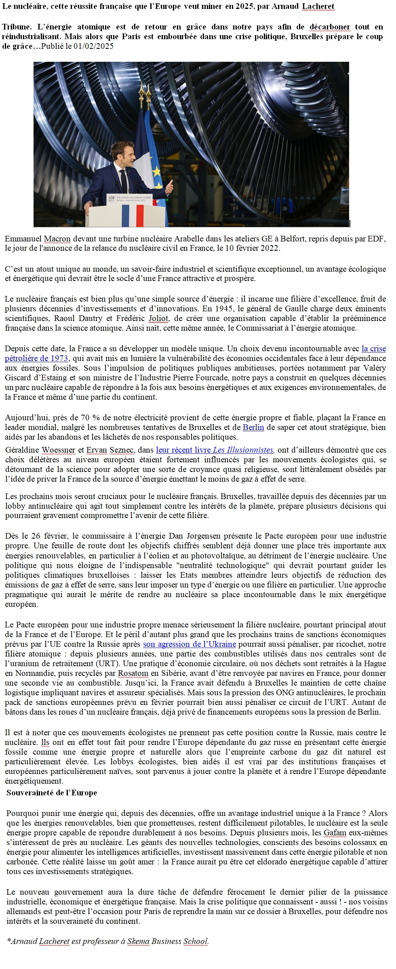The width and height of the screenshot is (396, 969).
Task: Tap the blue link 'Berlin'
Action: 253,427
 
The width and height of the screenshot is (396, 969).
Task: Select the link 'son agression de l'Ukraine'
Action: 190,644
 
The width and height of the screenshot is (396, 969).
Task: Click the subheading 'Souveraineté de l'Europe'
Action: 52,793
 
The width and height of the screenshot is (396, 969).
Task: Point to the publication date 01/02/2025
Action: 93,46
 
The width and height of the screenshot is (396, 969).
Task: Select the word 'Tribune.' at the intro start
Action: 17,27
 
